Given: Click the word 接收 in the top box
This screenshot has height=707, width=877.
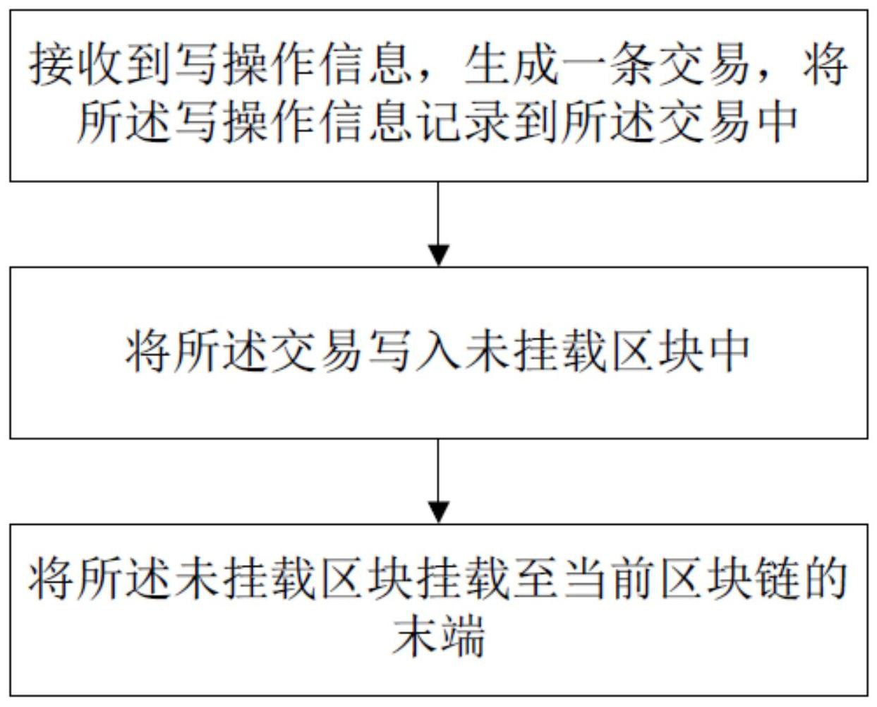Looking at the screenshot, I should (x=75, y=64).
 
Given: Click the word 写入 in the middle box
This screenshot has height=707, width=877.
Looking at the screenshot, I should (x=414, y=351).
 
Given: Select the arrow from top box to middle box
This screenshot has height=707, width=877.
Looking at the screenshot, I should (x=439, y=223).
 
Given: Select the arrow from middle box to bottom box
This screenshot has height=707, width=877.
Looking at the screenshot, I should (x=439, y=480).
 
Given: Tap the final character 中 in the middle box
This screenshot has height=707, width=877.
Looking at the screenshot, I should (x=727, y=351).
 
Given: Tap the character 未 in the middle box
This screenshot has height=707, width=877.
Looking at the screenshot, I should (x=487, y=351).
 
